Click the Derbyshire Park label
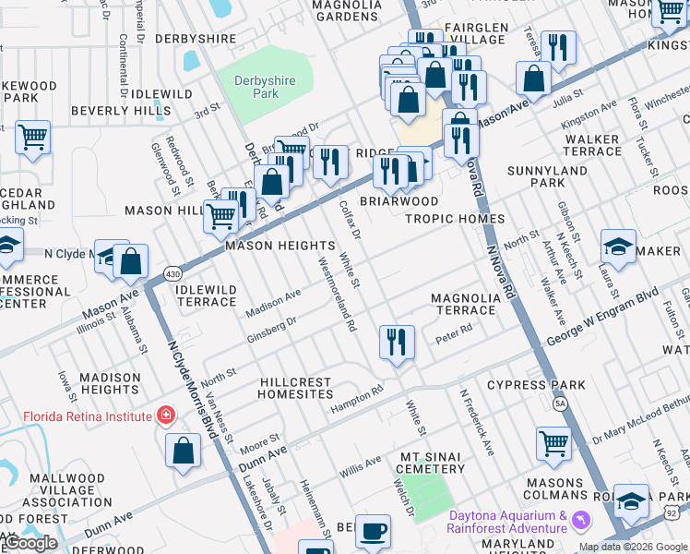265,87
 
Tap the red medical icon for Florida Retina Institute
165,416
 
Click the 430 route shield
172,273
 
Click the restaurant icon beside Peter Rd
397,343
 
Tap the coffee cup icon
373,531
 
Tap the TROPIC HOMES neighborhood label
455,219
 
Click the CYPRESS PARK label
536,385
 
